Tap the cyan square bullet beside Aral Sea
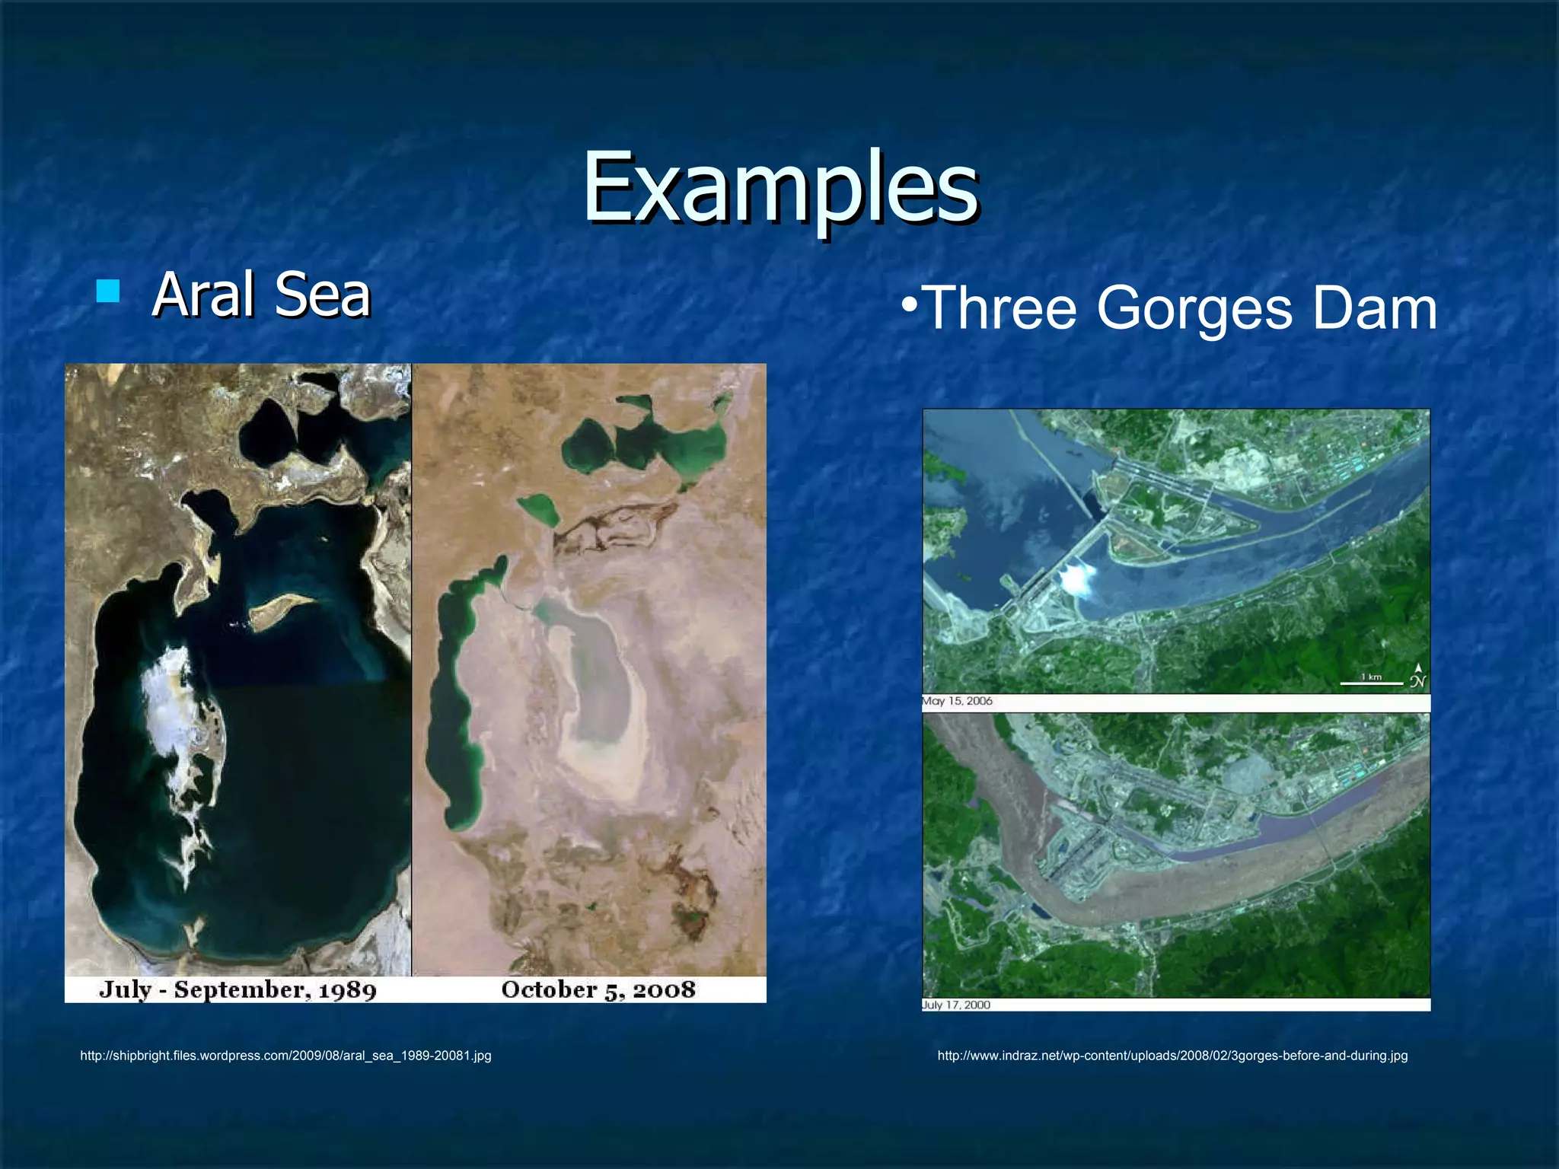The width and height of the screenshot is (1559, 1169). (109, 291)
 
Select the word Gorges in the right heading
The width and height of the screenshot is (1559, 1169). (1194, 308)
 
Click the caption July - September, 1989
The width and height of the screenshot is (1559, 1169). (238, 989)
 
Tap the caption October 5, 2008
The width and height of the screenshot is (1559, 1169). (598, 989)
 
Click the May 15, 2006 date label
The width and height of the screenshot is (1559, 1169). (958, 701)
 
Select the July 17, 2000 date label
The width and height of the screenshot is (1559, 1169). (956, 1005)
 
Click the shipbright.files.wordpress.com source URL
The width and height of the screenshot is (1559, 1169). (285, 1056)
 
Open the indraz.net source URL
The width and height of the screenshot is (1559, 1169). (1172, 1056)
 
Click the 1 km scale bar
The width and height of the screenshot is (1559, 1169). (1371, 682)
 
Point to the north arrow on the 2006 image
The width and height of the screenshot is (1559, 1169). (1417, 675)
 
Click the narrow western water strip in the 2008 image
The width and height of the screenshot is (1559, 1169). (449, 700)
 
